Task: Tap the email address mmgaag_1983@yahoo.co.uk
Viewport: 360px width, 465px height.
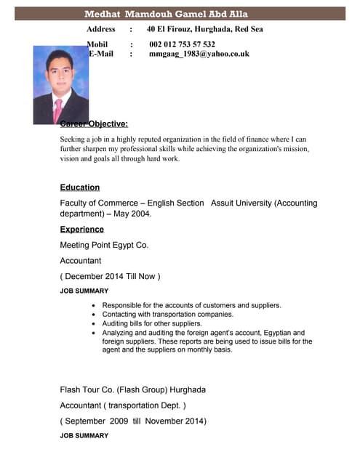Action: tap(199, 54)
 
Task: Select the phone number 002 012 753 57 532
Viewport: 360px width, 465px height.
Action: tap(182, 44)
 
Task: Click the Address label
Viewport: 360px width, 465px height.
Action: tap(101, 29)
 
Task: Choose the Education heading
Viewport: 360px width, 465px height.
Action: tap(80, 187)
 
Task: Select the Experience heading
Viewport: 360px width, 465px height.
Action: tap(81, 230)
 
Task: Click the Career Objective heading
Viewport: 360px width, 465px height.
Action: tap(95, 124)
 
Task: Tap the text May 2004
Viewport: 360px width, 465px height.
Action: tap(131, 214)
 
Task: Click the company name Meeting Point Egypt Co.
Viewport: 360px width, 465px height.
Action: tap(104, 245)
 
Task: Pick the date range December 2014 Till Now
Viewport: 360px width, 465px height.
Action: tap(110, 276)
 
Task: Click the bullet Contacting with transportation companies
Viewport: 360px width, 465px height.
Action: tap(167, 314)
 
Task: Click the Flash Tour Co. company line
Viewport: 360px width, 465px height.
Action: tap(132, 389)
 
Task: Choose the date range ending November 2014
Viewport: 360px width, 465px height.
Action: tap(133, 421)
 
